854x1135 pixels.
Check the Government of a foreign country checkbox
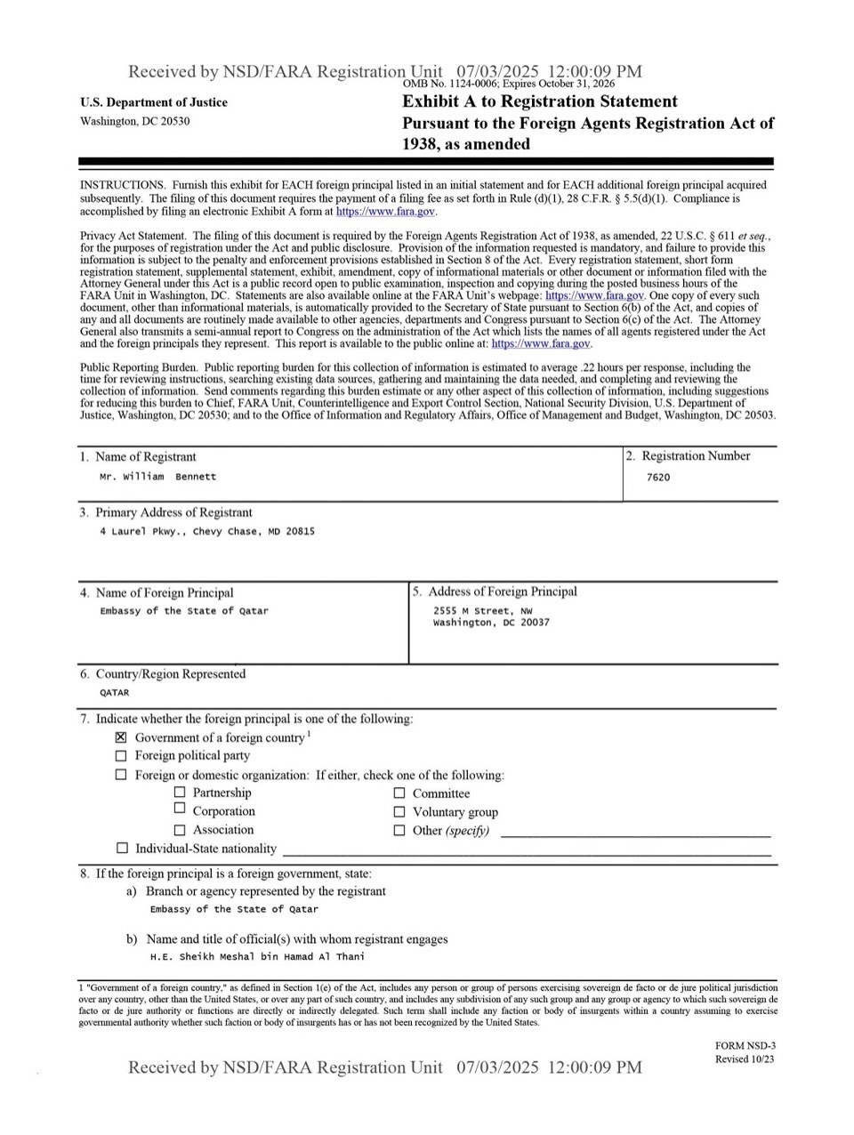(x=122, y=737)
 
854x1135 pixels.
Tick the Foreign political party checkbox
(x=122, y=756)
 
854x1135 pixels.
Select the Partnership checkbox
(x=180, y=793)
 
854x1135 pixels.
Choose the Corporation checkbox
(x=180, y=809)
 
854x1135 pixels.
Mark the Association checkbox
(x=180, y=830)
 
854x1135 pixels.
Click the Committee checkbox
(x=399, y=793)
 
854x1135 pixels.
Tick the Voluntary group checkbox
(x=399, y=812)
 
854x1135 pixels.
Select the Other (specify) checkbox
(x=399, y=831)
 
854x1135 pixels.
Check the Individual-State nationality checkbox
(x=122, y=849)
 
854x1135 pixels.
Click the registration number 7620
(x=658, y=478)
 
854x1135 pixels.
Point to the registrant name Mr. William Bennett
(x=157, y=477)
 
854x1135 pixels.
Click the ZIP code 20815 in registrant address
(x=300, y=532)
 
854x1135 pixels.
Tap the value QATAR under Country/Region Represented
(x=114, y=693)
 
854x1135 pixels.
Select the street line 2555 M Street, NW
(x=483, y=611)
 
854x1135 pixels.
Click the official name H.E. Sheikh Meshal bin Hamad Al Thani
(x=257, y=957)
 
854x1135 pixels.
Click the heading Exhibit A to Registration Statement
(x=540, y=101)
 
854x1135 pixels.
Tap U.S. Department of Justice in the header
(x=153, y=102)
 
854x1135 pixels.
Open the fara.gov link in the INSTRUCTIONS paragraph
(x=385, y=213)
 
